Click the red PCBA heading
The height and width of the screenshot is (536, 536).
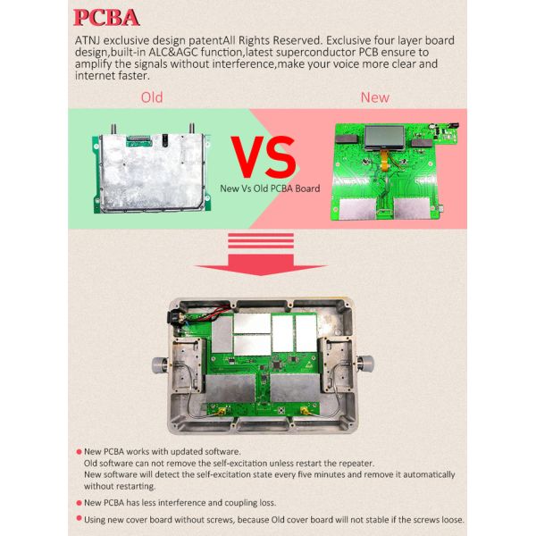(106, 18)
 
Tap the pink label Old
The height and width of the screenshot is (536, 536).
(152, 97)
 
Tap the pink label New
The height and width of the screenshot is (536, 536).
(374, 97)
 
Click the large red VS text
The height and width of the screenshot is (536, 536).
(264, 157)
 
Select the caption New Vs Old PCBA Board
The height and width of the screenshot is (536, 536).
(270, 188)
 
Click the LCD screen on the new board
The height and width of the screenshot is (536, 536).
(384, 137)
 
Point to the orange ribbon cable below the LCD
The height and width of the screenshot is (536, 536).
(385, 162)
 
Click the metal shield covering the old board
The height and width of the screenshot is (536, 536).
(152, 172)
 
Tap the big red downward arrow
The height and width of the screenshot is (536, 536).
(261, 255)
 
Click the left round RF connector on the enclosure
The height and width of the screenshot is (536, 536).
(160, 364)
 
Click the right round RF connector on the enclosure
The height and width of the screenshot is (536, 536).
(365, 364)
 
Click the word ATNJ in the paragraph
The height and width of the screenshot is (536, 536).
(88, 41)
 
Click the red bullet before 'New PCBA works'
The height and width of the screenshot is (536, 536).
(79, 452)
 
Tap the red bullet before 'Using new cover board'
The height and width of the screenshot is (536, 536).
(79, 518)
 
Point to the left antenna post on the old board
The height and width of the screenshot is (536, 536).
(113, 130)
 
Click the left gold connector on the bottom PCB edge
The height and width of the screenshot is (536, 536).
(222, 411)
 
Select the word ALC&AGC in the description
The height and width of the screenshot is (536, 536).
(173, 53)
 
